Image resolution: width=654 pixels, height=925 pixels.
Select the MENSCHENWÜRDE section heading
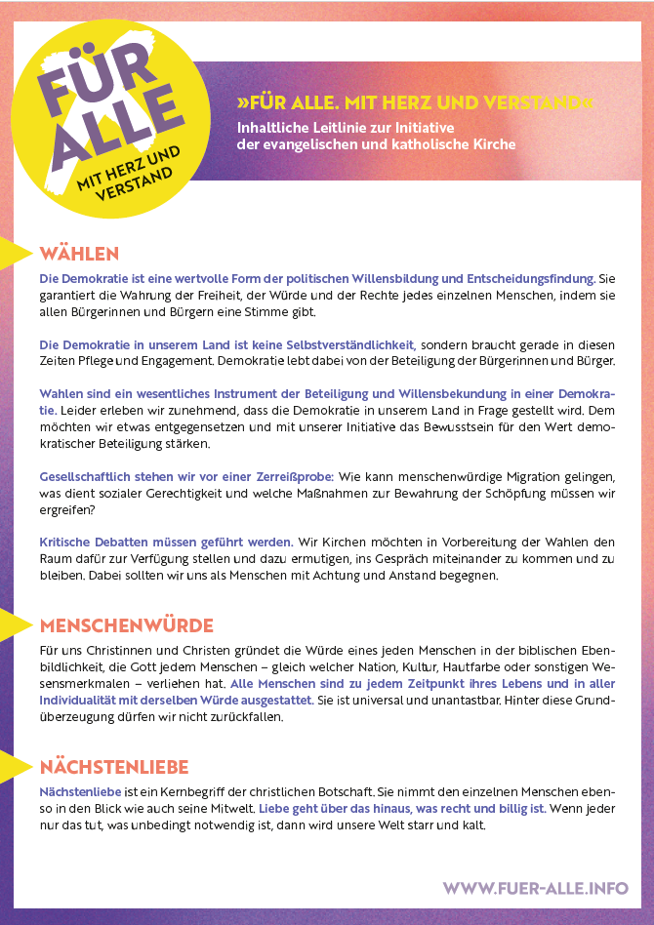[x=126, y=624]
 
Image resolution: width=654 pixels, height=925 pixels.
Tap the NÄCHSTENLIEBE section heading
[x=114, y=766]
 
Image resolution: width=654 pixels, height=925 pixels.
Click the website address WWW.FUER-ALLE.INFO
[x=536, y=888]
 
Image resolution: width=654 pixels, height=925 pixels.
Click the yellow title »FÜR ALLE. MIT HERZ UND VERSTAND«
[x=415, y=102]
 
